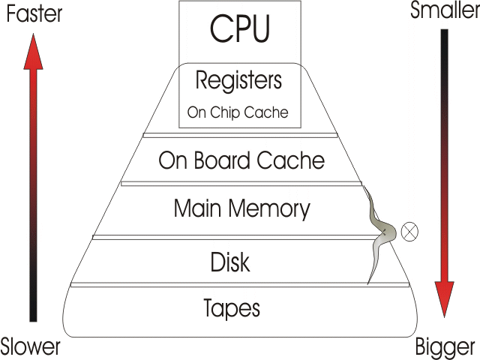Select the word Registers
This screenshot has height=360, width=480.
[x=239, y=80]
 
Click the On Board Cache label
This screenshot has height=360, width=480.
[x=241, y=160]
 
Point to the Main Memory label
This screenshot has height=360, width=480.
[x=241, y=208]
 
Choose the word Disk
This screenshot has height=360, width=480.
[x=229, y=262]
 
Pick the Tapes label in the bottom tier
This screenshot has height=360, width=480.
[x=232, y=307]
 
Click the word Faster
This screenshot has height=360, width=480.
[x=30, y=13]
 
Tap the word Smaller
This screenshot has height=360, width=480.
[x=445, y=11]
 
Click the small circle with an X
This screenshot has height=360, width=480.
[x=409, y=232]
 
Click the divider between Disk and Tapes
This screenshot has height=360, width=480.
[x=240, y=285]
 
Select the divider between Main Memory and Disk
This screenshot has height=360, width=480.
[x=240, y=237]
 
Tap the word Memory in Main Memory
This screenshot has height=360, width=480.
[x=269, y=208]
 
